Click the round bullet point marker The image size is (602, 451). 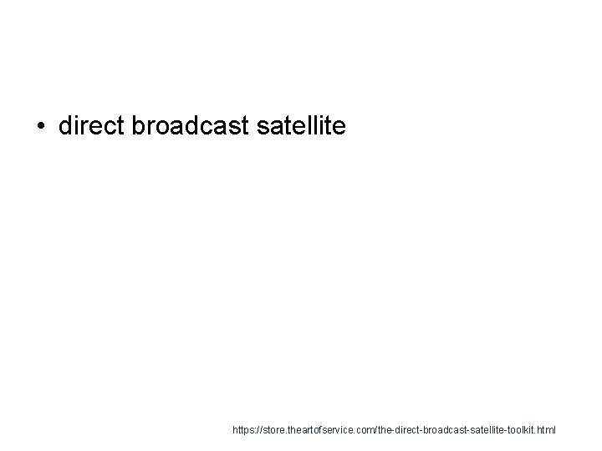41,127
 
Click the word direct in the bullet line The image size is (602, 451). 88,126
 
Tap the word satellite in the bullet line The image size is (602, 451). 298,126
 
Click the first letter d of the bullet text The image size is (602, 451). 66,126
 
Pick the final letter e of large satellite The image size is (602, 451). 339,127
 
